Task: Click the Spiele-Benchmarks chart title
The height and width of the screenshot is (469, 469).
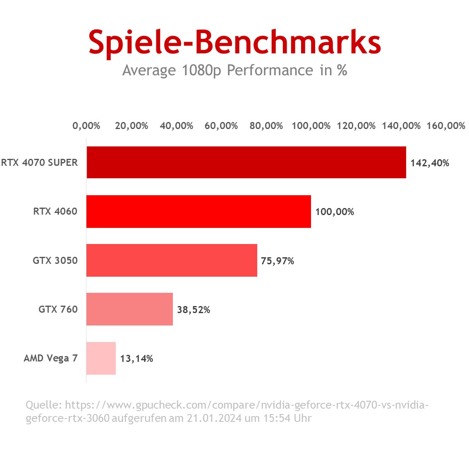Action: click(x=234, y=42)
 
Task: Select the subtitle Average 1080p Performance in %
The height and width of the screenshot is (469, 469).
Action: click(x=234, y=70)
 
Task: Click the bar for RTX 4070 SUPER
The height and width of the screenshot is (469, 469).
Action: click(x=246, y=162)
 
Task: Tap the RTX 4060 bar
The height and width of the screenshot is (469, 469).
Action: click(x=199, y=211)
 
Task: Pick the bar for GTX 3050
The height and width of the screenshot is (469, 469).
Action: click(x=172, y=260)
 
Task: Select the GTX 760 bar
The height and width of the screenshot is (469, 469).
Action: click(x=129, y=309)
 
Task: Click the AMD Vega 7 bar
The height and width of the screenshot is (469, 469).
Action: click(x=101, y=358)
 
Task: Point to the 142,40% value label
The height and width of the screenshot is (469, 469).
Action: click(x=430, y=163)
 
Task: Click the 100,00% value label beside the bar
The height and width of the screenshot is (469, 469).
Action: click(x=335, y=212)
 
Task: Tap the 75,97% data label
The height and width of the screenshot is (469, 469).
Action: click(x=278, y=261)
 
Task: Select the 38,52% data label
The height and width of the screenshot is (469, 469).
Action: click(x=194, y=310)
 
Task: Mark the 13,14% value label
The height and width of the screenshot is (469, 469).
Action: click(x=136, y=359)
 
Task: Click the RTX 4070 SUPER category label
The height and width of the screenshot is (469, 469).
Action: click(x=39, y=163)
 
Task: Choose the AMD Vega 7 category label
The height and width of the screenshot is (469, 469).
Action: click(x=50, y=358)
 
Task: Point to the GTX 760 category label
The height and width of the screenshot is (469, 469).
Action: click(x=58, y=309)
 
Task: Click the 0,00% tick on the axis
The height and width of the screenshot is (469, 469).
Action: click(x=86, y=126)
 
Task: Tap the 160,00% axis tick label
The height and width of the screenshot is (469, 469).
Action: click(x=446, y=126)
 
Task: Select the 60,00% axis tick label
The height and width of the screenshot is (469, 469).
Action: click(x=221, y=126)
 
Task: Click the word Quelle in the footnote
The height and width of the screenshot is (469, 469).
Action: click(x=43, y=404)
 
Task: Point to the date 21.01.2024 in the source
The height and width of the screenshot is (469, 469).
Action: click(x=214, y=418)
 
